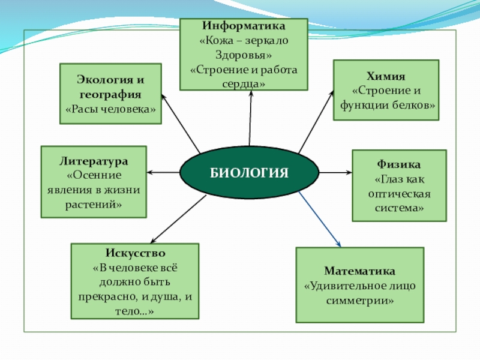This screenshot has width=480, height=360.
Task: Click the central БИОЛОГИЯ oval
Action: (x=249, y=173)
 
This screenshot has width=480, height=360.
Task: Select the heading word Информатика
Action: (x=244, y=27)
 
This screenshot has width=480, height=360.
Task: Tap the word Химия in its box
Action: (x=386, y=77)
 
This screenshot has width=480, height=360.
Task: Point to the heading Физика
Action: (x=399, y=164)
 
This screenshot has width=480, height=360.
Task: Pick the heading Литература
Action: (x=94, y=162)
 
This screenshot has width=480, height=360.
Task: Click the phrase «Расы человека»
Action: (x=110, y=110)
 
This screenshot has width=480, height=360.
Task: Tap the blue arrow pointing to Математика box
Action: (x=320, y=220)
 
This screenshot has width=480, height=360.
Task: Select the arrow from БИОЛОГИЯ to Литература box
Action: (x=163, y=173)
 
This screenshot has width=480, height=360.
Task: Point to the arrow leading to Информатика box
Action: (x=250, y=117)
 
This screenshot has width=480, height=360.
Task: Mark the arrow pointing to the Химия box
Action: (x=316, y=121)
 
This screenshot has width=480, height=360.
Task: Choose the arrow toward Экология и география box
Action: (x=181, y=122)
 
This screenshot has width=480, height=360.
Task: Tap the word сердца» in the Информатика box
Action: (x=244, y=84)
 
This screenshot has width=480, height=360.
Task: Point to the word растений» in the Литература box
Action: (x=94, y=204)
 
